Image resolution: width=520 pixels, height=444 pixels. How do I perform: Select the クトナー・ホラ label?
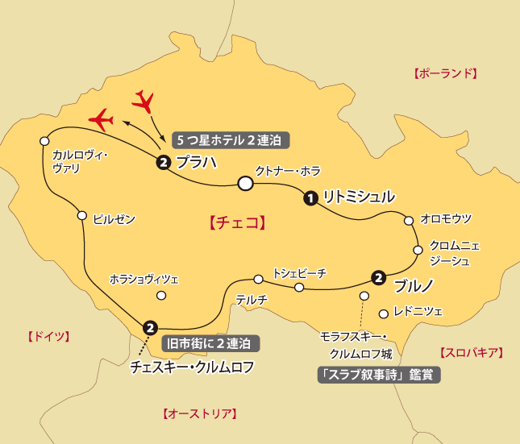coord(288,171)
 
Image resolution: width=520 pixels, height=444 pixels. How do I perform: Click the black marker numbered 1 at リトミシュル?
coord(310,197)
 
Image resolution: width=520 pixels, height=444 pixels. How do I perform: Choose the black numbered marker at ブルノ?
coord(378,278)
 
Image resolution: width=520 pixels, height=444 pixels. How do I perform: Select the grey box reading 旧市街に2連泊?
coord(211,342)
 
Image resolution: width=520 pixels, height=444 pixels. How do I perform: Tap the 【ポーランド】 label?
coord(445,73)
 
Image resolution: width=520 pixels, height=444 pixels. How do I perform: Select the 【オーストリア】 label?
coord(199,414)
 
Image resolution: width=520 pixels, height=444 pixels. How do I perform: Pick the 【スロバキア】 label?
coord(471,352)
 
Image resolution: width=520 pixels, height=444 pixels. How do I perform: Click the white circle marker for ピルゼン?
coord(81,215)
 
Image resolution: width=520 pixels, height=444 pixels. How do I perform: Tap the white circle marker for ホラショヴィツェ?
coord(161,295)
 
